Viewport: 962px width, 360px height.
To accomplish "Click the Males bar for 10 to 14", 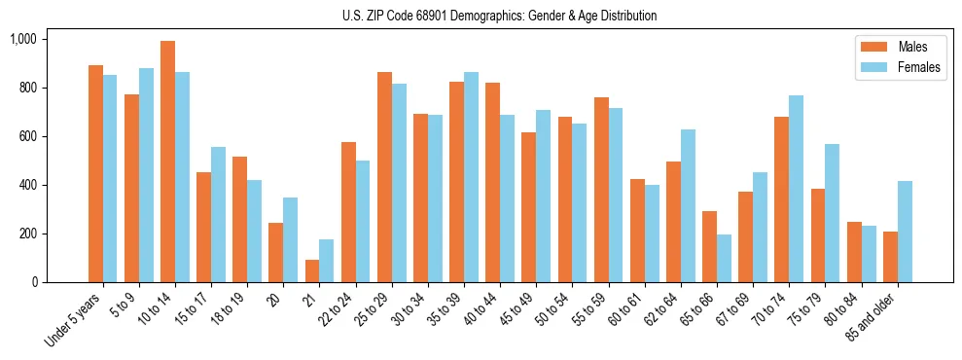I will pos(167,162).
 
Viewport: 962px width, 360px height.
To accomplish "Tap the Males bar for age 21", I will pos(311,270).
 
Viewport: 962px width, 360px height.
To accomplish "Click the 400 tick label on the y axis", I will pos(27,185).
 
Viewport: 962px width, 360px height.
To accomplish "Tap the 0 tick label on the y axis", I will pos(35,282).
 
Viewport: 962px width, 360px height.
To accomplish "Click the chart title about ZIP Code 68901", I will pos(500,16).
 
